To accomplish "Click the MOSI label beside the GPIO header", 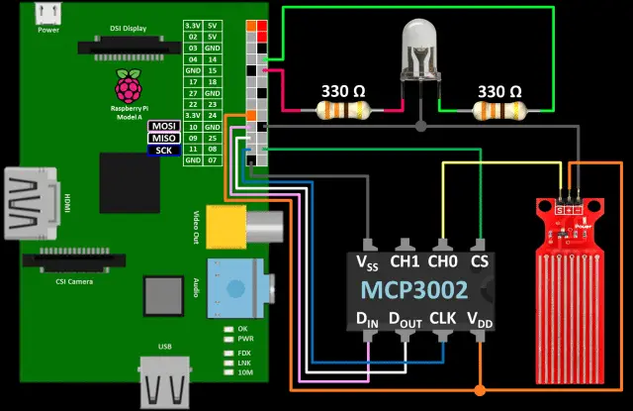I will point(162,127).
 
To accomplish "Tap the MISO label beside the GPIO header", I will point(162,138).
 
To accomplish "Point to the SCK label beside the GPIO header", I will point(162,150).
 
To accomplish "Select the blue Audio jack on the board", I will point(234,286).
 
